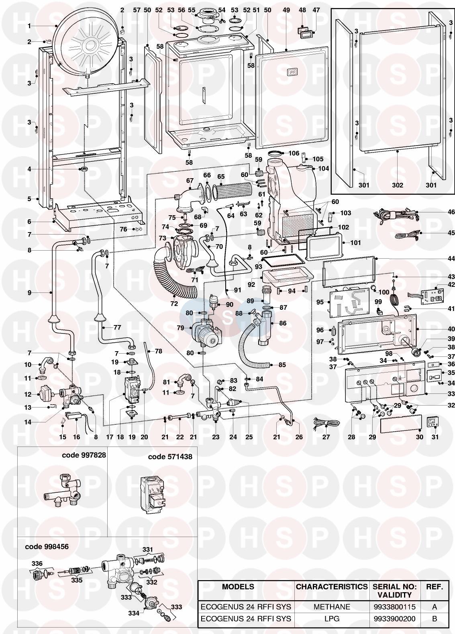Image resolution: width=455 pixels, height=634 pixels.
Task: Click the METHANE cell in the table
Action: [331, 607]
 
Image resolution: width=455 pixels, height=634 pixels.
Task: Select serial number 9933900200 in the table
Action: [394, 619]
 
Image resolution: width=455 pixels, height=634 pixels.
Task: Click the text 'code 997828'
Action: [84, 455]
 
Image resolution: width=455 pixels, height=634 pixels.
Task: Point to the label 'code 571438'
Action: [170, 457]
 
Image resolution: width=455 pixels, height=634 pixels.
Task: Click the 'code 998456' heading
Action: [47, 547]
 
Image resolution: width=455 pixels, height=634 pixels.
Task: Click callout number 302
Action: [397, 185]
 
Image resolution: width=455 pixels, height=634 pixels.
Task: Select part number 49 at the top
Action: [286, 10]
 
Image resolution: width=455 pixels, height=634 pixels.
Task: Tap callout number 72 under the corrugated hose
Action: [174, 304]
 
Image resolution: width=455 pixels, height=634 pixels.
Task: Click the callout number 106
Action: [294, 153]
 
